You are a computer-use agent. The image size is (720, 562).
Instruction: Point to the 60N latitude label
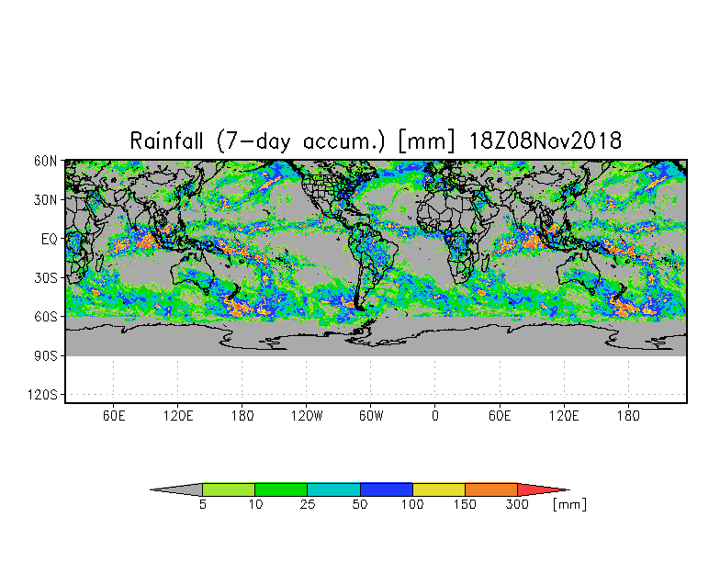coord(46,161)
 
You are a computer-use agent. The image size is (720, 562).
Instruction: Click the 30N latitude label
coord(46,199)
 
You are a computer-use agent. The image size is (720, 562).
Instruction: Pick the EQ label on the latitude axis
coord(50,239)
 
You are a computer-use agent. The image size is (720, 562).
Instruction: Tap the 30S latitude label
coord(46,277)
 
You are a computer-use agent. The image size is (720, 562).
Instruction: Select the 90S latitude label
coord(46,355)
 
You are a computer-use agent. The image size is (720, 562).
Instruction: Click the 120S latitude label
coord(43,395)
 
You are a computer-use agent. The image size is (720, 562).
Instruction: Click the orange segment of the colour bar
coord(491,489)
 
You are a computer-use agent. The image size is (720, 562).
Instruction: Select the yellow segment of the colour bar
coord(439,489)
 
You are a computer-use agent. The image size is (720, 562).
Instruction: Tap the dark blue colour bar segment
coord(387,489)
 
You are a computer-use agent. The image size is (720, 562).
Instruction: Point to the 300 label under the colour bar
coord(518,505)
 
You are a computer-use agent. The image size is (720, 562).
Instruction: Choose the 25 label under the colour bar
coord(307,505)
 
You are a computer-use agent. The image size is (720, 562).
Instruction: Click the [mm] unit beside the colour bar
coord(569,504)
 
